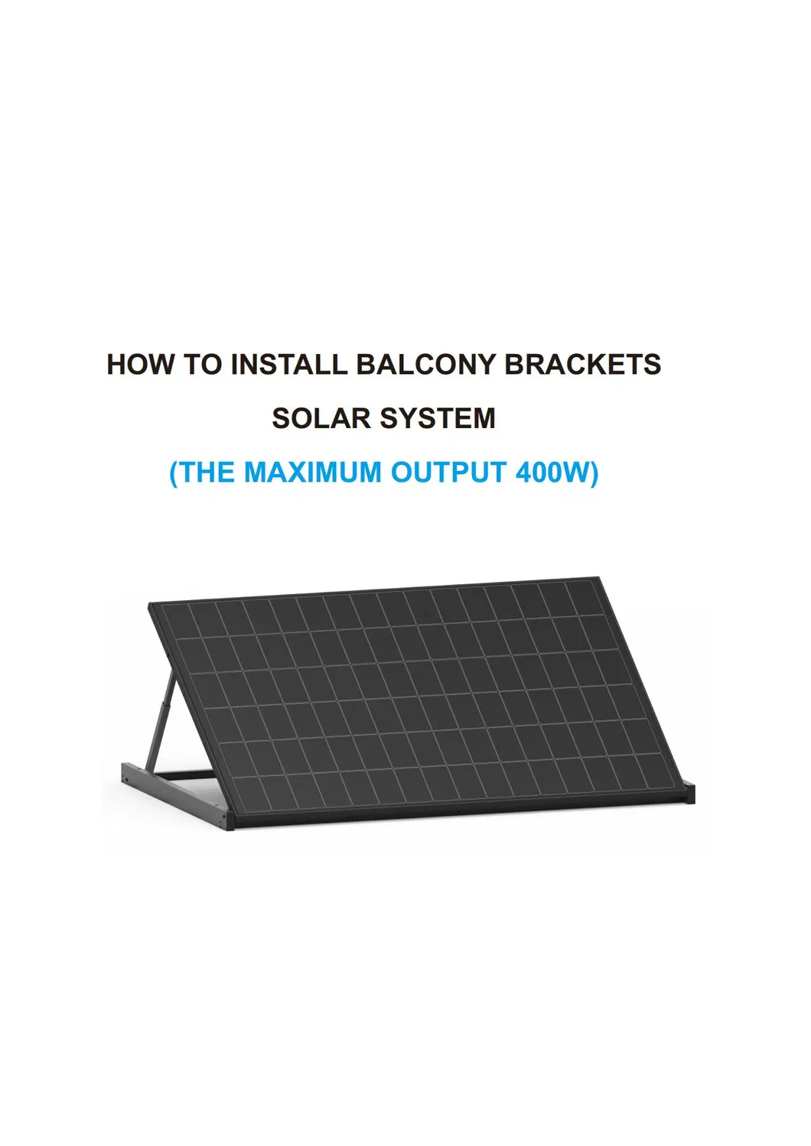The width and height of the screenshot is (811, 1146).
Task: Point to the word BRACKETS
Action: [582, 364]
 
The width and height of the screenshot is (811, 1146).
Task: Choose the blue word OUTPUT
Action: [448, 472]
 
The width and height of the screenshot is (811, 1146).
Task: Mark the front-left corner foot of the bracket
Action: [229, 822]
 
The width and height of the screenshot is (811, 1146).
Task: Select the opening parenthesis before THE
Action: [174, 473]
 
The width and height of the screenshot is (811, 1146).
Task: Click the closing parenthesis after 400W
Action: [594, 473]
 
